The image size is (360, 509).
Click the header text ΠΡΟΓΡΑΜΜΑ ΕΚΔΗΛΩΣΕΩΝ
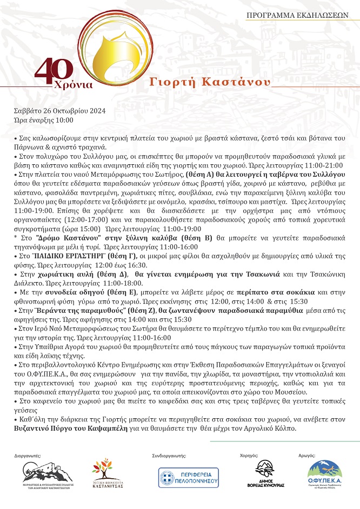click(297, 16)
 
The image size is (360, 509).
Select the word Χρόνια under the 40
click(74, 85)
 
